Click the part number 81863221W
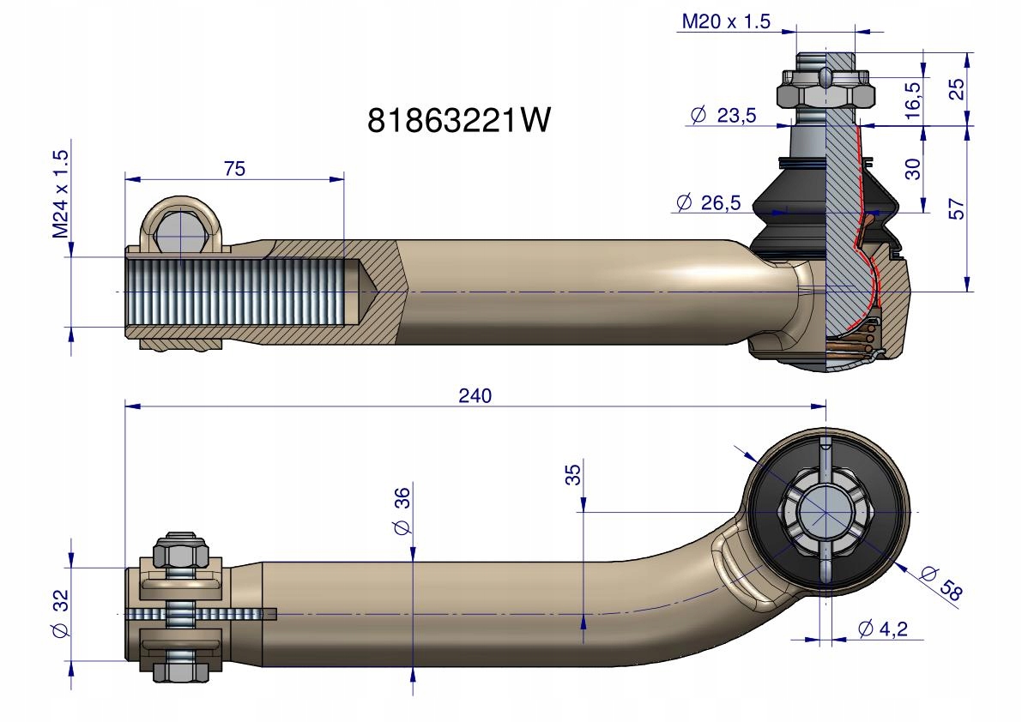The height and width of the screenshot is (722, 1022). click(459, 120)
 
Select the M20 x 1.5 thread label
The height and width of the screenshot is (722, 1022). click(725, 21)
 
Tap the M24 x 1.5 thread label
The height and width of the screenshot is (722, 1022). click(60, 193)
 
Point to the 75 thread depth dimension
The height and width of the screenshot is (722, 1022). click(234, 169)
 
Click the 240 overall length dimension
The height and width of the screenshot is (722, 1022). click(475, 396)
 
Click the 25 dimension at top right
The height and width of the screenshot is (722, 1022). click(956, 88)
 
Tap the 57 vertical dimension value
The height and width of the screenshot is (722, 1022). click(956, 209)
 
